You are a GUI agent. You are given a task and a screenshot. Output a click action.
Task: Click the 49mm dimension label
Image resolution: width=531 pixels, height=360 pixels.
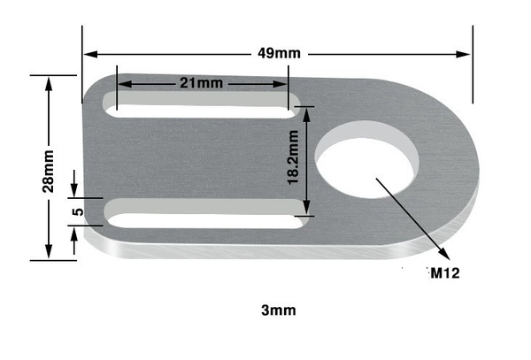[x=279, y=53]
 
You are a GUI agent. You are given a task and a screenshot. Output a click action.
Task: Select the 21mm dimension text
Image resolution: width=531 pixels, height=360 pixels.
[x=202, y=83]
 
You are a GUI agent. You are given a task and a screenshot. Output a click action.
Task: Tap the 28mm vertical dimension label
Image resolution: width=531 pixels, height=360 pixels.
[x=48, y=172]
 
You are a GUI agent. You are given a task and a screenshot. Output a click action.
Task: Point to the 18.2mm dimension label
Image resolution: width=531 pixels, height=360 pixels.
[x=293, y=157]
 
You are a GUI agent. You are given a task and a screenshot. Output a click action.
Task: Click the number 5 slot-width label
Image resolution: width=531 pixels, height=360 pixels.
[x=78, y=211]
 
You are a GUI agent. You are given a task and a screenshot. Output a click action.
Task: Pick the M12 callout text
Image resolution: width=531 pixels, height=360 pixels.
[x=445, y=273]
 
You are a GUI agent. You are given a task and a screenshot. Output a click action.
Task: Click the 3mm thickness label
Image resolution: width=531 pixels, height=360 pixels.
[x=279, y=310]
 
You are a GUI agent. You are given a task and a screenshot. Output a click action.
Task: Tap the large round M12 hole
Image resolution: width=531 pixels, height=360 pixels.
[x=367, y=160]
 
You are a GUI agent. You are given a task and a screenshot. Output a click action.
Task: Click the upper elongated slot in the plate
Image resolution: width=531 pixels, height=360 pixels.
[x=202, y=105]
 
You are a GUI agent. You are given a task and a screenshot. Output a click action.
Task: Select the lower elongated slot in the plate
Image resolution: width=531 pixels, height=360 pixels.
[x=206, y=213]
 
